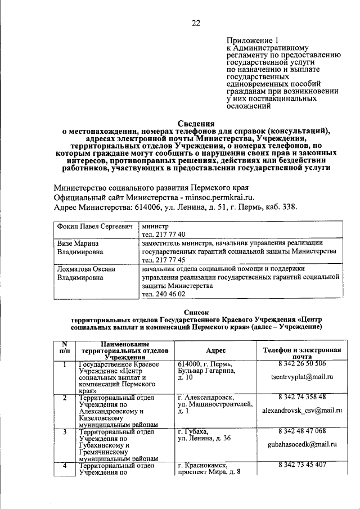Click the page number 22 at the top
click(196, 23)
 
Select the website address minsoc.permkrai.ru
click(215, 197)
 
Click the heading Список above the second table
click(196, 312)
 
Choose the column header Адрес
click(216, 349)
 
